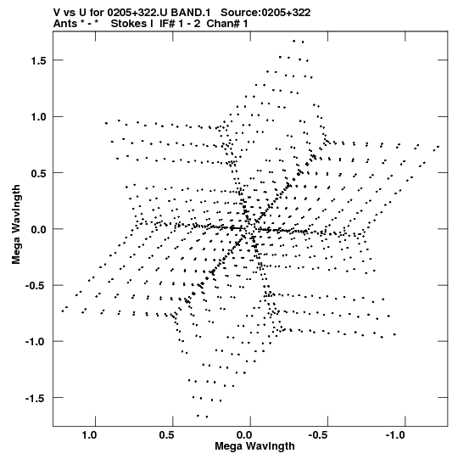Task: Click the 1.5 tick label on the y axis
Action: (x=38, y=60)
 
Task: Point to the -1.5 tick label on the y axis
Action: (x=36, y=398)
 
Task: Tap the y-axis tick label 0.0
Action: (x=38, y=229)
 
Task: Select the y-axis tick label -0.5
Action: (x=36, y=286)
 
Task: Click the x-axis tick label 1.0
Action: (x=89, y=435)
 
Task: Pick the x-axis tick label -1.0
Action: (x=395, y=435)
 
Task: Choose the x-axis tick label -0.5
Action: (x=318, y=435)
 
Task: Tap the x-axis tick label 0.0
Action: (x=244, y=435)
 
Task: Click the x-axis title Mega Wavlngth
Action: (x=254, y=446)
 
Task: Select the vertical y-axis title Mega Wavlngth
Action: (x=16, y=225)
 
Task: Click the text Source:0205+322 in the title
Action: (x=265, y=13)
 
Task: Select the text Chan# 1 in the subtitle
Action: (x=227, y=24)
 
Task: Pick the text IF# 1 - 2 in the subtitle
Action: (x=180, y=24)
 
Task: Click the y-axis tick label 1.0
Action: (x=38, y=117)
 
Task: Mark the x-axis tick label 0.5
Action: (x=166, y=435)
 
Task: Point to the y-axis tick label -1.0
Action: (x=36, y=342)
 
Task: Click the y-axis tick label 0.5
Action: (x=38, y=173)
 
